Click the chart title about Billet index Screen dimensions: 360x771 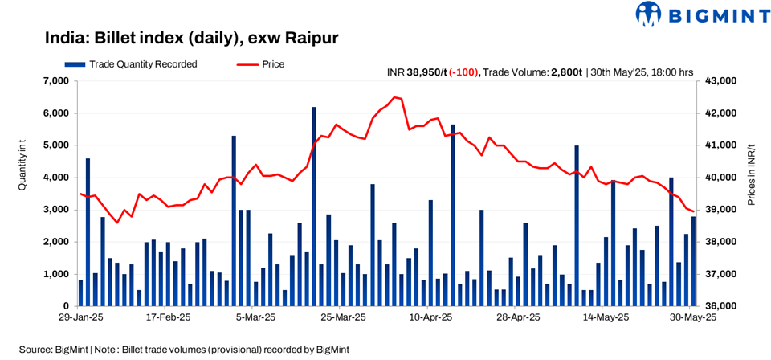(x=192, y=38)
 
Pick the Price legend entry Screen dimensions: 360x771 (x=260, y=64)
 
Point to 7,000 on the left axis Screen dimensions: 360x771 (x=56, y=81)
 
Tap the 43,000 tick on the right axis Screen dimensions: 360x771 (x=721, y=81)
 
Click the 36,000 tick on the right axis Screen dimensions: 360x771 (x=721, y=307)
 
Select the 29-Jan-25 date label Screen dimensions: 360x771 (x=80, y=318)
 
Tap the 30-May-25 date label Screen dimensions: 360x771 (x=693, y=318)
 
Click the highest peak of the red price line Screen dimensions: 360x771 (x=394, y=97)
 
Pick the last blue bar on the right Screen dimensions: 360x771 (x=693, y=261)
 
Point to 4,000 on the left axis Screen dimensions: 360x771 (x=56, y=178)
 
